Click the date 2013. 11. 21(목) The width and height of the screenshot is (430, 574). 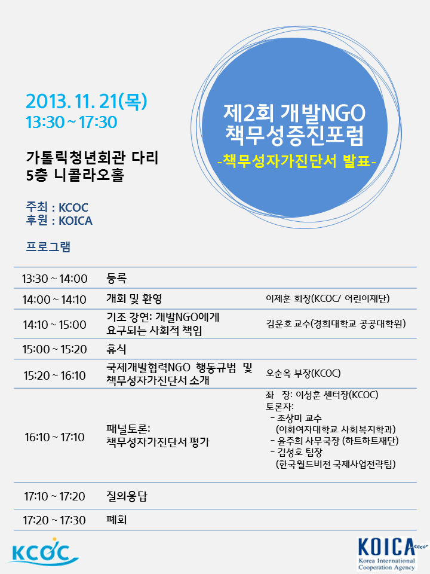point(86,101)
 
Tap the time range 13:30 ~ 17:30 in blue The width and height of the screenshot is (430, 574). point(71,122)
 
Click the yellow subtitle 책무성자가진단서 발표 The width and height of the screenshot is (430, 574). point(297,160)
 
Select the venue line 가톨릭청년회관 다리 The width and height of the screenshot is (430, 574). point(92,157)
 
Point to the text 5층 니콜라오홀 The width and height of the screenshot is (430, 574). point(75,175)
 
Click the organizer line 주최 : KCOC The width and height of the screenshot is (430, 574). point(57,207)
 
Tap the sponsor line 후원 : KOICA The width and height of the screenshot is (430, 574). point(59,221)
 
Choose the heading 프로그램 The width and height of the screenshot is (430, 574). point(48,246)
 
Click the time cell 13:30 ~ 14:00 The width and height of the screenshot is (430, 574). point(54,279)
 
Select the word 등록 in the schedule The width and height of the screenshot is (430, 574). point(116,278)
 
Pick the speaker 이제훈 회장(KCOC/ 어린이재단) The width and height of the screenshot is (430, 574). point(328,299)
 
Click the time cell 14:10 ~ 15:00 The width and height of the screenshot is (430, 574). point(54,324)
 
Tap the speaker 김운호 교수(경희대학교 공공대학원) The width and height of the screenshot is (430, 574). point(336,323)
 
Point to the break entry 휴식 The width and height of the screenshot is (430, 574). point(116,349)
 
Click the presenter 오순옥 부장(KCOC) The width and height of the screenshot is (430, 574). point(303,373)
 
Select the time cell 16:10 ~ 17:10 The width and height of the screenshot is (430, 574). point(54,436)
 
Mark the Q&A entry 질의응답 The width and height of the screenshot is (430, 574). point(127,496)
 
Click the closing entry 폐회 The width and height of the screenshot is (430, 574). point(116,520)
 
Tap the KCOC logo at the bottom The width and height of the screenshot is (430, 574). point(43,552)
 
